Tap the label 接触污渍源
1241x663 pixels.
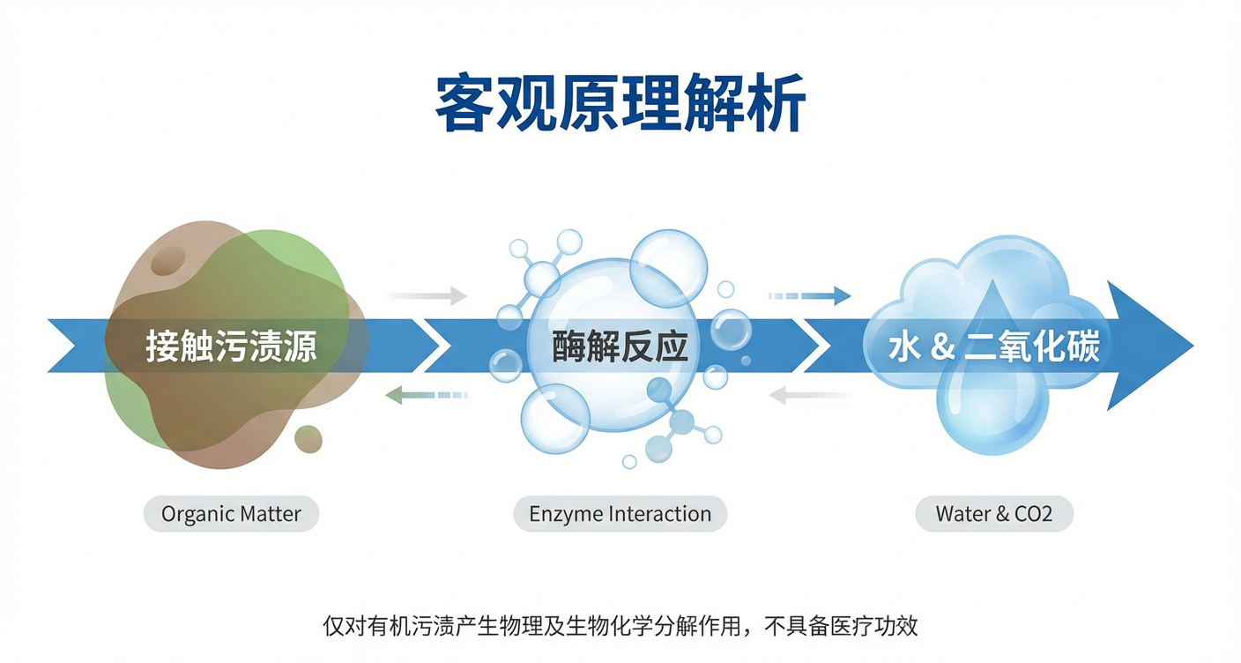(x=231, y=346)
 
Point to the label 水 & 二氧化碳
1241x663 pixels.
(x=993, y=346)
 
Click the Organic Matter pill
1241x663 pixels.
(x=231, y=514)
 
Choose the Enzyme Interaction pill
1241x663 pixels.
(x=620, y=514)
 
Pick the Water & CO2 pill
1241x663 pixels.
(x=993, y=514)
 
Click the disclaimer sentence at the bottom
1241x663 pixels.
(x=620, y=627)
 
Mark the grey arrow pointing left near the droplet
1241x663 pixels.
(x=811, y=396)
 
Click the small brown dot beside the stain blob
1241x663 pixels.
(x=308, y=438)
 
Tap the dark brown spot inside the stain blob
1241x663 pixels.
(x=167, y=260)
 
